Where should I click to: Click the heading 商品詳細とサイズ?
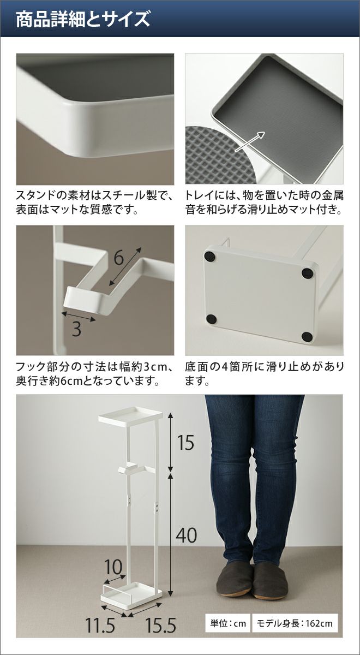(x=83, y=20)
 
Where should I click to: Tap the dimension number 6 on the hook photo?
(x=119, y=258)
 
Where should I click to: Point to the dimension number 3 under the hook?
(x=76, y=329)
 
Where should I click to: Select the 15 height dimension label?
(x=185, y=442)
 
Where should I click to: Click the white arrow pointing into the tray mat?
(x=250, y=141)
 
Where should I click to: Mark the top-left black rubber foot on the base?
(x=210, y=257)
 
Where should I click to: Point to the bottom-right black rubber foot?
(x=307, y=337)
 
